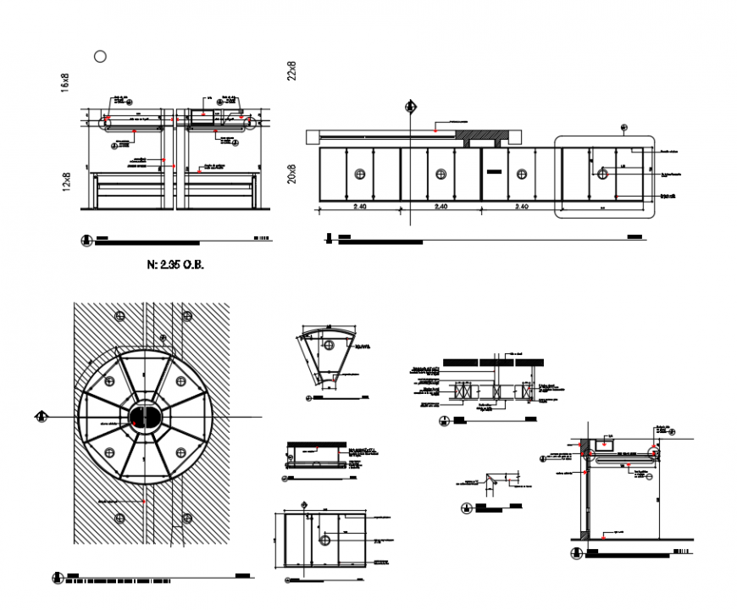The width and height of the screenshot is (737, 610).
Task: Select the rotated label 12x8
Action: pos(64,181)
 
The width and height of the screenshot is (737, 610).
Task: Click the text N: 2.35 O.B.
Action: pos(176,264)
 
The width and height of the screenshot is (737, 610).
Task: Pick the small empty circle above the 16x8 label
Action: pos(101,56)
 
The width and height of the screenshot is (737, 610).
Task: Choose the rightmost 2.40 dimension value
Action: pos(520,207)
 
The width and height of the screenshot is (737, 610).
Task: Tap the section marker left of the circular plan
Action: pos(40,416)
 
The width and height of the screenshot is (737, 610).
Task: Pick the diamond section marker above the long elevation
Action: pos(410,107)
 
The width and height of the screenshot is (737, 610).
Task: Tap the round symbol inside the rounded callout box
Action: pos(603,174)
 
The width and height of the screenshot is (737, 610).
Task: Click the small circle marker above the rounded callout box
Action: pos(623,129)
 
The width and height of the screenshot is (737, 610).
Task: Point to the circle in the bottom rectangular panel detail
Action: pos(324,539)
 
